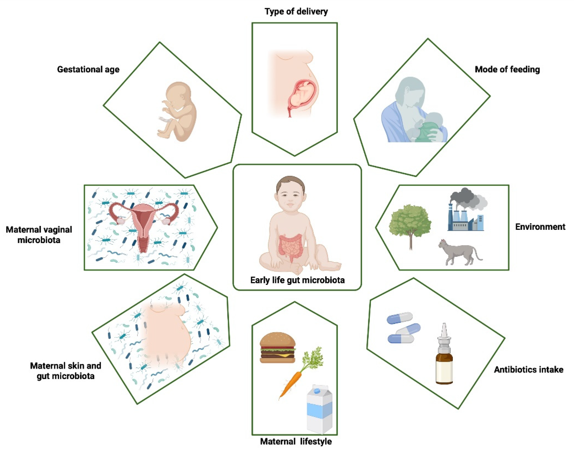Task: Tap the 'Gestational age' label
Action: pos(88,69)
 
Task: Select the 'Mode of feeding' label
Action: pos(507,69)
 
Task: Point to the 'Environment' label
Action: pos(540,227)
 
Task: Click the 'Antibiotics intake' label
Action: pos(528,369)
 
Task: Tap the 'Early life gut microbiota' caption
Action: pos(297,280)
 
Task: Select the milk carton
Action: pos(319,409)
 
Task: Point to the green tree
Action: pos(410,222)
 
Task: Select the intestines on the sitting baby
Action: pos(290,246)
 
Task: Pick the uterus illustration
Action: pos(144,222)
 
